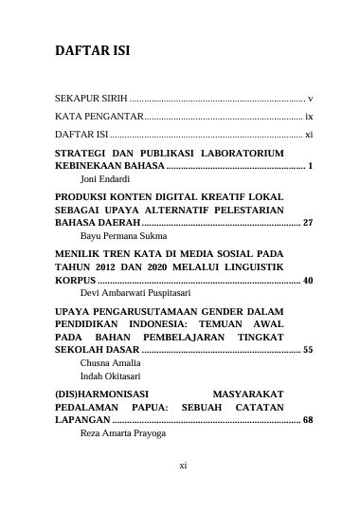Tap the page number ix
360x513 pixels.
coord(309,117)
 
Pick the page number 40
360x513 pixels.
coord(307,281)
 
